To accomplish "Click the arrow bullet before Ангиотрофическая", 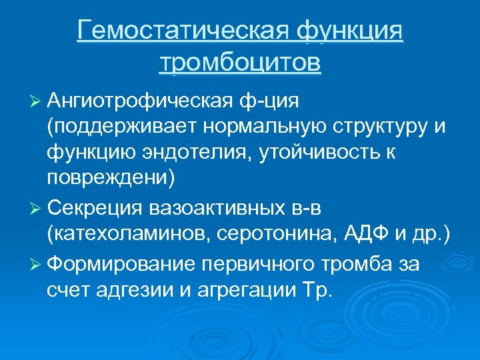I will (36, 102).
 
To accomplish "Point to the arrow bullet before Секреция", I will (36, 209).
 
